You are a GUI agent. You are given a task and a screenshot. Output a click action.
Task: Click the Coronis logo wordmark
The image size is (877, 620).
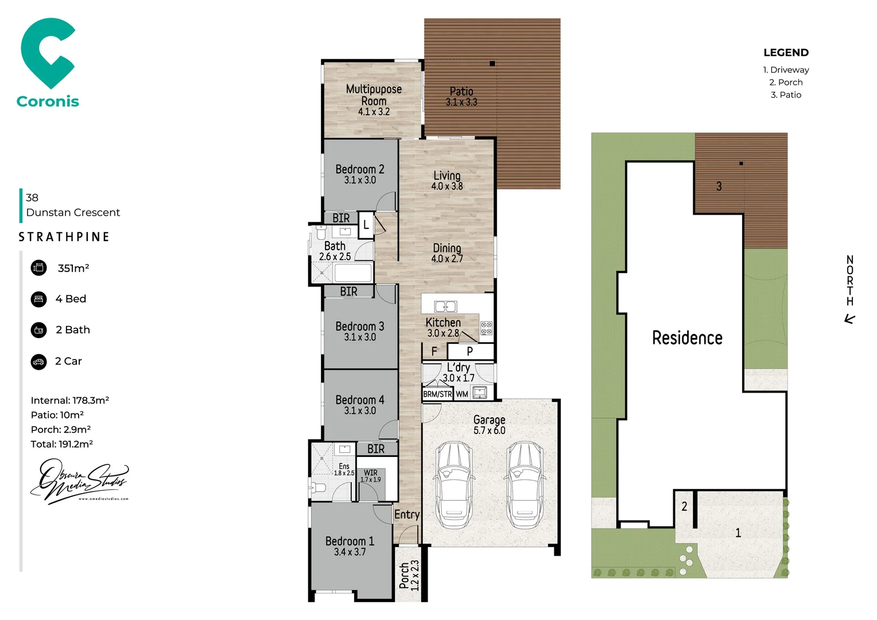tap(48, 102)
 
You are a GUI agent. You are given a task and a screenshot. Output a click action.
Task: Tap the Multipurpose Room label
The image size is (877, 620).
tap(374, 100)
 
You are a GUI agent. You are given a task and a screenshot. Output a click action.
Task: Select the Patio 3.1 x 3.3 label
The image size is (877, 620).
tap(461, 96)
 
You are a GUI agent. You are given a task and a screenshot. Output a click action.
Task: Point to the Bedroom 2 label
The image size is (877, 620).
tap(360, 174)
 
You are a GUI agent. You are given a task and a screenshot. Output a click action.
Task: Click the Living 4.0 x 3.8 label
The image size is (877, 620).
tap(447, 180)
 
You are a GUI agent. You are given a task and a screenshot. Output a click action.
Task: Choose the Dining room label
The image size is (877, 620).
tap(447, 253)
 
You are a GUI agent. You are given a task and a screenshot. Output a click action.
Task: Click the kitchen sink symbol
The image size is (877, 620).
tap(445, 307)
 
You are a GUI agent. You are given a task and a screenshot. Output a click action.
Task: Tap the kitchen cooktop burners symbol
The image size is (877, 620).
tap(486, 328)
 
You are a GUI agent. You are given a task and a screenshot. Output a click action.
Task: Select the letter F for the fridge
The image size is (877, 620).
tap(434, 351)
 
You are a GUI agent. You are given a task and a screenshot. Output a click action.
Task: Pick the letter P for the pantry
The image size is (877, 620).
tap(470, 351)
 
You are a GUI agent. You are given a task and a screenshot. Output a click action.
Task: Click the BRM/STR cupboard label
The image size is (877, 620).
tap(437, 394)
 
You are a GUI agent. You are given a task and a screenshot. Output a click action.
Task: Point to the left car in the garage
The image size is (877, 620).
tap(453, 485)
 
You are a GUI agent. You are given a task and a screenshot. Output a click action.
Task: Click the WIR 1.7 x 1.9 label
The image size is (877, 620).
tap(371, 476)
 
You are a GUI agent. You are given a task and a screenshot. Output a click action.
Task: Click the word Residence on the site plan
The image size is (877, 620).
tap(687, 338)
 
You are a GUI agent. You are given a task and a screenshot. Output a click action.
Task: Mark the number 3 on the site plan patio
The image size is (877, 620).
tap(719, 187)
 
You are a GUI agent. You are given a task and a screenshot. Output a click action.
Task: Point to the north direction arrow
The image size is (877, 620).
tap(850, 319)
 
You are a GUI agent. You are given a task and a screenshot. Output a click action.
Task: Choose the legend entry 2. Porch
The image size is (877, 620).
tap(786, 83)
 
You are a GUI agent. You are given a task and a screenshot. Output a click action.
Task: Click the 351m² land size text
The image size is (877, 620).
tap(73, 268)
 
